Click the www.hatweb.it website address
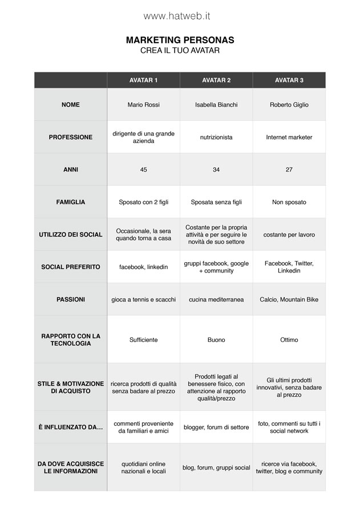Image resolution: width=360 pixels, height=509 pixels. point(177,17)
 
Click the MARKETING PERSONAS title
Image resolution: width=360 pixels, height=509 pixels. point(180,40)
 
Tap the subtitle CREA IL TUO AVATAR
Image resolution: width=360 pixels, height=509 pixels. point(180,51)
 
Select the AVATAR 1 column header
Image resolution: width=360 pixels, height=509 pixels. point(143,80)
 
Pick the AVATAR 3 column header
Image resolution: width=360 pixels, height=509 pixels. point(289,80)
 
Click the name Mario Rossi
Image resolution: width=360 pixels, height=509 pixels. point(143,105)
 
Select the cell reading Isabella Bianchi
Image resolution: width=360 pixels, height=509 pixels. point(216,105)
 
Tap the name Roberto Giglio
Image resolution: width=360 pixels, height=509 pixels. point(289,105)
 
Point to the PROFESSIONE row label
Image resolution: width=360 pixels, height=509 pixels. point(71,137)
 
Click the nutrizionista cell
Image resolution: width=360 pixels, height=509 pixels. point(216,137)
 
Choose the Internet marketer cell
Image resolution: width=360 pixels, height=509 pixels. point(289,137)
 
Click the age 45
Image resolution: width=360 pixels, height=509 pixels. point(143,170)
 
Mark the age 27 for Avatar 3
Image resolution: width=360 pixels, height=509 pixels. point(289,170)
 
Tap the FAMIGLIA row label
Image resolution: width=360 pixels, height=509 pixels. point(71,202)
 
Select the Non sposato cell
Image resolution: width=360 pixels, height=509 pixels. point(289,202)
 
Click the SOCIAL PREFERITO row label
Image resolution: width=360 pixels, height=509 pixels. point(71,267)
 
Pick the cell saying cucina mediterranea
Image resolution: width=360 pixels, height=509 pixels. point(216,299)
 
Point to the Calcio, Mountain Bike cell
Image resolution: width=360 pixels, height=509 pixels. point(289,299)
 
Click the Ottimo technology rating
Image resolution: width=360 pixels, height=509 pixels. point(289,340)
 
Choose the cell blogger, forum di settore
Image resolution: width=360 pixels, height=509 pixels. point(216,427)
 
